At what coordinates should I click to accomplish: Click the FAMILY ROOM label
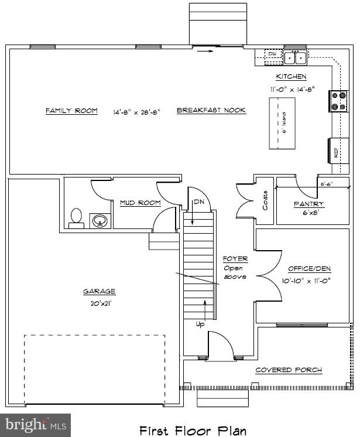71,111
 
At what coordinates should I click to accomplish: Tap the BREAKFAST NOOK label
211,111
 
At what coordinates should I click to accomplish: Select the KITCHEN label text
291,77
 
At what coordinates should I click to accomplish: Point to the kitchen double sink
294,57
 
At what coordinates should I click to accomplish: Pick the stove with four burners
338,100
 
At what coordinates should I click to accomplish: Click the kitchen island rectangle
282,124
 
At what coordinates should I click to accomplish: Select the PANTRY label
308,204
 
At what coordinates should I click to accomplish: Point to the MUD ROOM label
140,203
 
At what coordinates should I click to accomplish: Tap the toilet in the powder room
76,217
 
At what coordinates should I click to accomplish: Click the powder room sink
100,221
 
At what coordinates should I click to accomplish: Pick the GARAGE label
99,291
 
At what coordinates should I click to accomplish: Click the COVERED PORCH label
289,370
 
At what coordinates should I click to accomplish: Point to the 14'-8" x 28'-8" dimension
136,111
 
